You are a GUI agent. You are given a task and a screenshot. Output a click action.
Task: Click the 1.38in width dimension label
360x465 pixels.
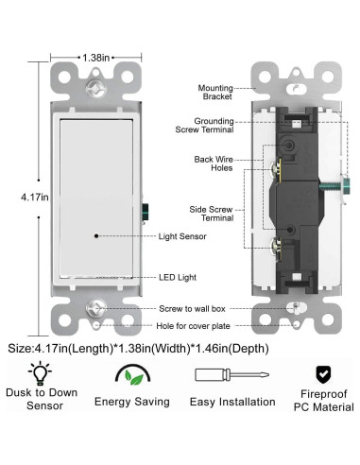[94, 58]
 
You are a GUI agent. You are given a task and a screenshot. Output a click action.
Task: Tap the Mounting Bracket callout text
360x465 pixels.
[215, 93]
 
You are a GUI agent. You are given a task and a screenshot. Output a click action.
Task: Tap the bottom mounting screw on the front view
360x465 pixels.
[94, 307]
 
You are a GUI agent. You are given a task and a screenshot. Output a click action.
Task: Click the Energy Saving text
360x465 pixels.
[131, 402]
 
